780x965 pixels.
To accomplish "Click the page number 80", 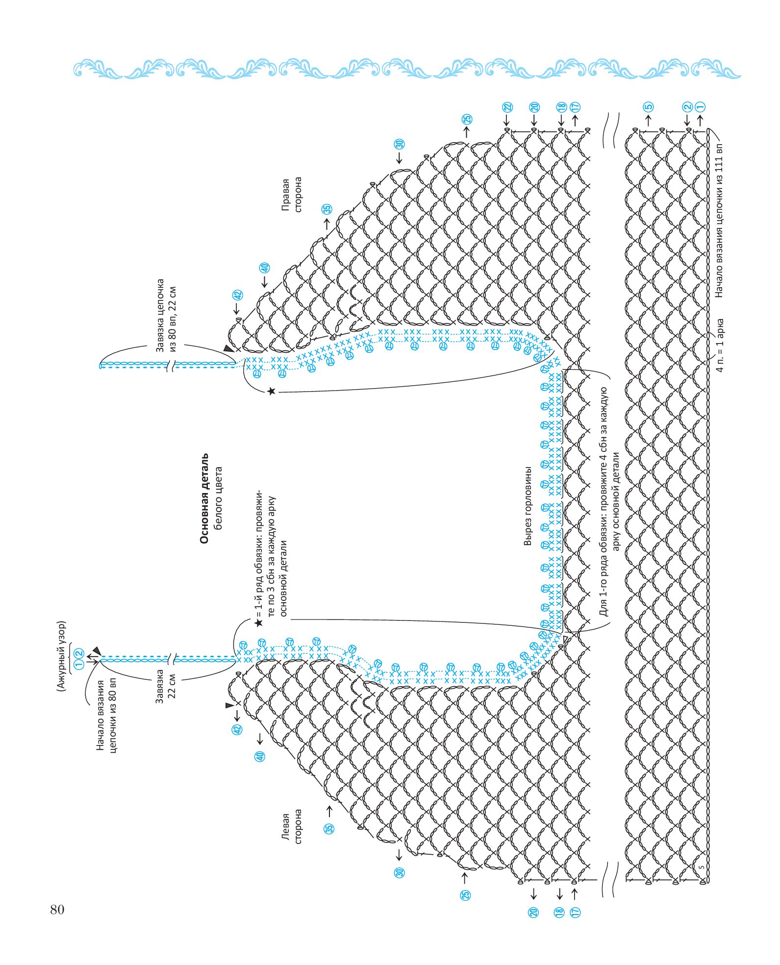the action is tap(57, 910).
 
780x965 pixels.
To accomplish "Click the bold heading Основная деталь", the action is tap(204, 498).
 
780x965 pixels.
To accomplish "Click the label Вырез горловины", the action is tap(528, 505).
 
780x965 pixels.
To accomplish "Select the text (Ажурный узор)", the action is tap(61, 656).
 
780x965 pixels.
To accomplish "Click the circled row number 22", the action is tap(507, 107).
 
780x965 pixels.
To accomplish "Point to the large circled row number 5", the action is tap(648, 107).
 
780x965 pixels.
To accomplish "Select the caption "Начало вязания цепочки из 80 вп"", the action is tap(106, 715).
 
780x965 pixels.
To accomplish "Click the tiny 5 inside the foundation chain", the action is tap(702, 867).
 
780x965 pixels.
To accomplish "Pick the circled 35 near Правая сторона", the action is tap(327, 208).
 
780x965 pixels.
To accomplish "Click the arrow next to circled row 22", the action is tap(507, 120).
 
